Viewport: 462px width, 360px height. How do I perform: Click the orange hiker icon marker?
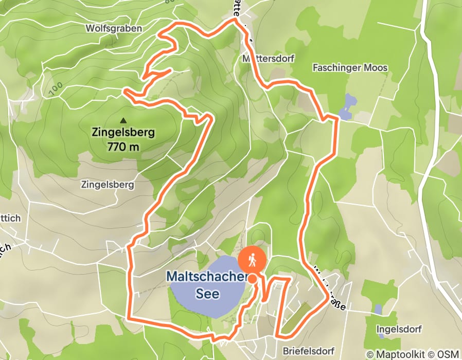[x=253, y=260]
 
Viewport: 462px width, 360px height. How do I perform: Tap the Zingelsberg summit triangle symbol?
[x=123, y=121]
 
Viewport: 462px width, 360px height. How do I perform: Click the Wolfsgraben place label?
[x=114, y=28]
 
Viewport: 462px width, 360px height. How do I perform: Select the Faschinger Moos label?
[x=350, y=68]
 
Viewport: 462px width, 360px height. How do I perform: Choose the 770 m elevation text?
[x=123, y=147]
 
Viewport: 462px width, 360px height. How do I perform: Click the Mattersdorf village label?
[x=268, y=59]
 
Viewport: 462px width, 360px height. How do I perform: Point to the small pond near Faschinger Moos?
[x=348, y=107]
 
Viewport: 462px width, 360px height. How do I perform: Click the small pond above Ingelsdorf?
[x=378, y=309]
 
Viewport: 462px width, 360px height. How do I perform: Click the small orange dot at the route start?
[x=253, y=279]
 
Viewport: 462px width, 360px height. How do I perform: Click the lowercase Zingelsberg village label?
[x=108, y=184]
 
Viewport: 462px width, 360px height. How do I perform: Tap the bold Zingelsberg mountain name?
[x=123, y=133]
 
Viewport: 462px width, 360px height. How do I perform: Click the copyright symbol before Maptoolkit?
[x=370, y=354]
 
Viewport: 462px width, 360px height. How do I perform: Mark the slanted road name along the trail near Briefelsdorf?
[x=327, y=287]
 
